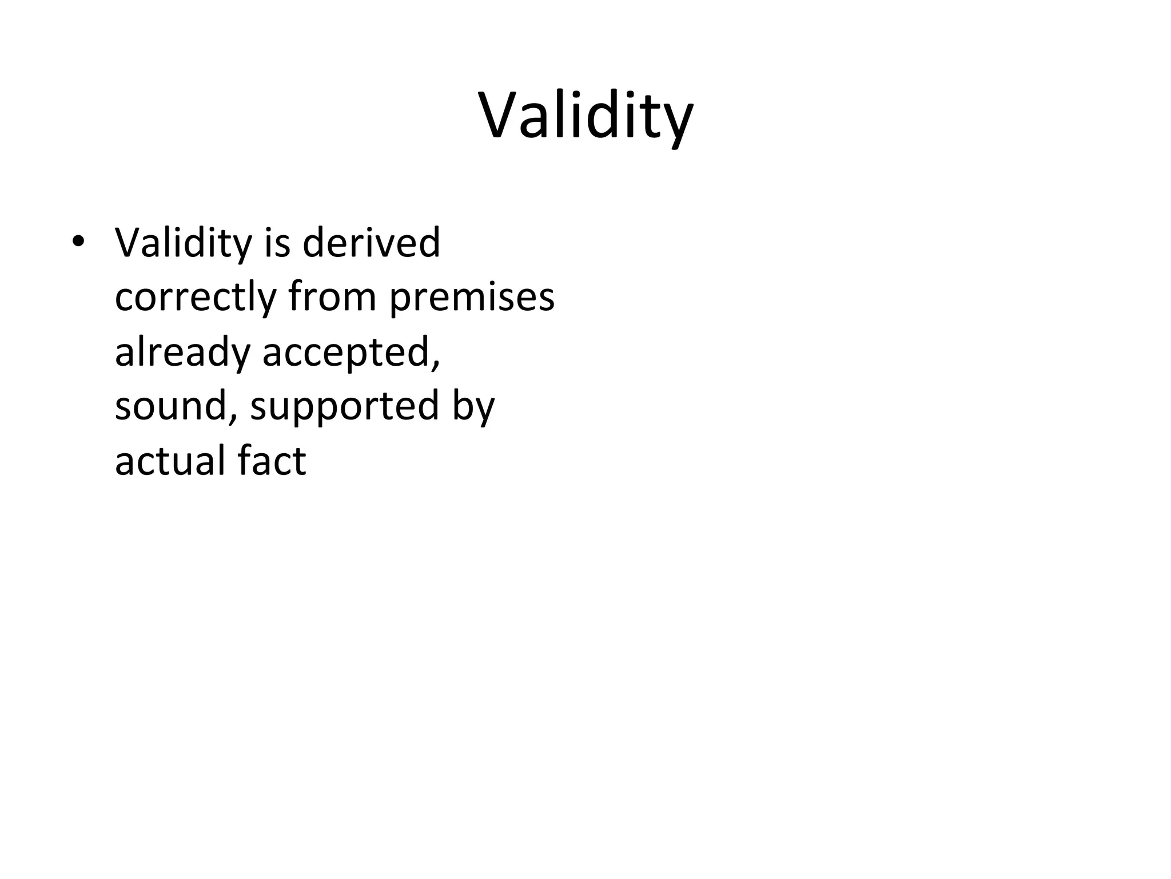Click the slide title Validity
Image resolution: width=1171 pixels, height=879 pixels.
(585, 117)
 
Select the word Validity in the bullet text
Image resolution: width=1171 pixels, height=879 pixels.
(183, 243)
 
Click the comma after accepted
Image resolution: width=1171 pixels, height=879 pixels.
(436, 364)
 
